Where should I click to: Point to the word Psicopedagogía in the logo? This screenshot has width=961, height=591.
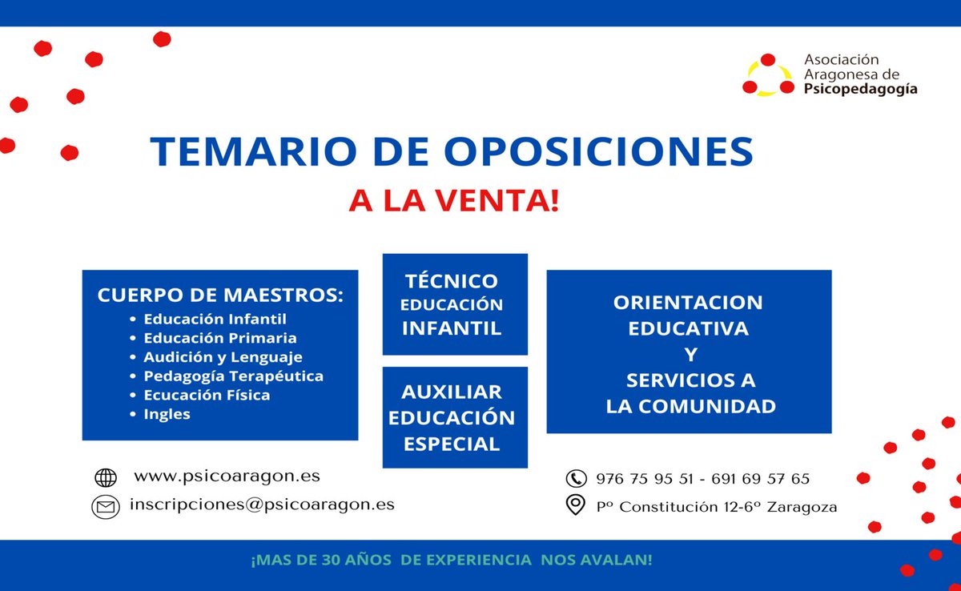pos(860,90)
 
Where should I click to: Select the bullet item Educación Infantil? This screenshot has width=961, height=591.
pos(215,319)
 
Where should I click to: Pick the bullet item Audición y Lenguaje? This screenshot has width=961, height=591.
pos(223,357)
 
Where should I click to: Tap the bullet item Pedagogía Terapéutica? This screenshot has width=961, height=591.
pos(233,376)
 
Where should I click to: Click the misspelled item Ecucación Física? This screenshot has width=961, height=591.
pos(207,395)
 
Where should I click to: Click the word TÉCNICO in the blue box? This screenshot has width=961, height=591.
pos(452,281)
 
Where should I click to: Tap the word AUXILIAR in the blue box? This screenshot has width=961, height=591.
pos(452,392)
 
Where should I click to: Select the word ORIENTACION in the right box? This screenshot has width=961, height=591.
pos(688,303)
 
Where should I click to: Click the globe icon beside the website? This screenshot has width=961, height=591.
pos(106,477)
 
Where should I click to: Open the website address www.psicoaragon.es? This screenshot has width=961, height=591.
pos(227,476)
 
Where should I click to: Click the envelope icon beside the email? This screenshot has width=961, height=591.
pos(106,506)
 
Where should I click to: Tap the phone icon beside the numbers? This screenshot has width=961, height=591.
pos(576,479)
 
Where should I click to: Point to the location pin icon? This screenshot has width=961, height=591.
pos(575,505)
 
